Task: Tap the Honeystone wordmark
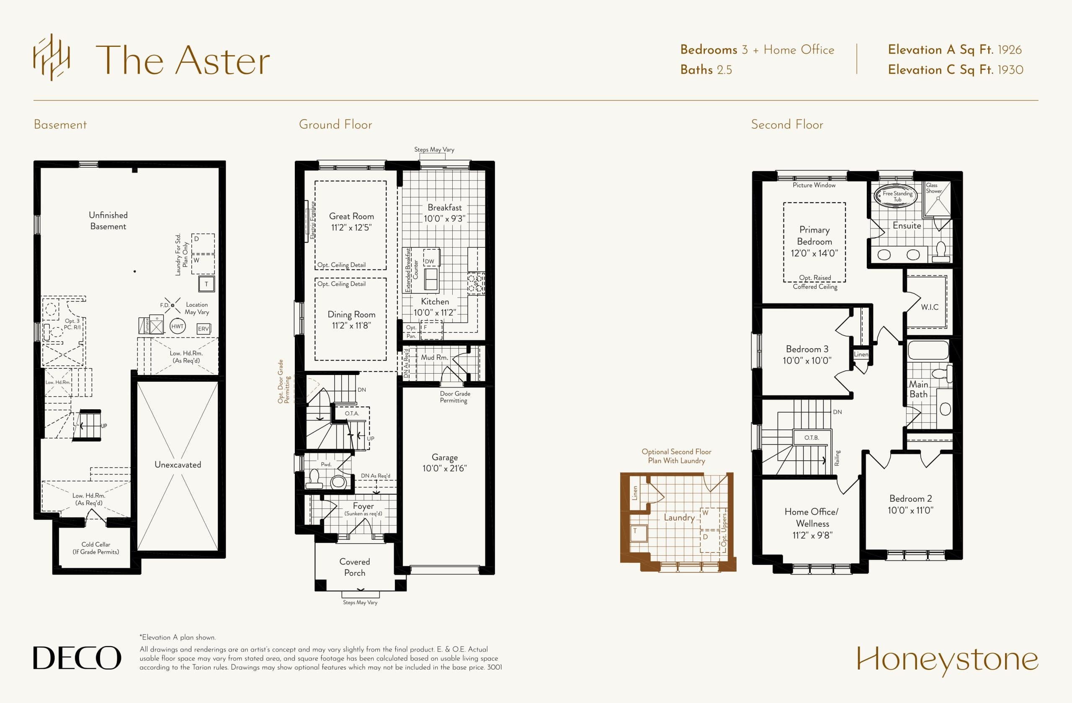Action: click(947, 660)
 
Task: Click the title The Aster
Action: click(183, 60)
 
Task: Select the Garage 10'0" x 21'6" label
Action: click(444, 463)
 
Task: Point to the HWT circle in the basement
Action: click(178, 326)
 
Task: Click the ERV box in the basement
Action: click(204, 328)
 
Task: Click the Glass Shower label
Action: click(933, 188)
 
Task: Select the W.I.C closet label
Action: click(930, 307)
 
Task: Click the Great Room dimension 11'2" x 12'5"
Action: click(351, 228)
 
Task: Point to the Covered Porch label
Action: click(355, 567)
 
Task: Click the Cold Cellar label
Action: click(95, 548)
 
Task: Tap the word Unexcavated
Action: click(178, 464)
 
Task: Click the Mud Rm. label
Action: click(434, 357)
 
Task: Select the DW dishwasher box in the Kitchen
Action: click(430, 261)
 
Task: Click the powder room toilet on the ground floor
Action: click(314, 479)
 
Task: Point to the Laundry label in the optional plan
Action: click(679, 518)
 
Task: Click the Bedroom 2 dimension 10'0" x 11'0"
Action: click(910, 511)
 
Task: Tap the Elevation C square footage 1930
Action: click(1010, 70)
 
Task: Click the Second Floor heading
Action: click(787, 125)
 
